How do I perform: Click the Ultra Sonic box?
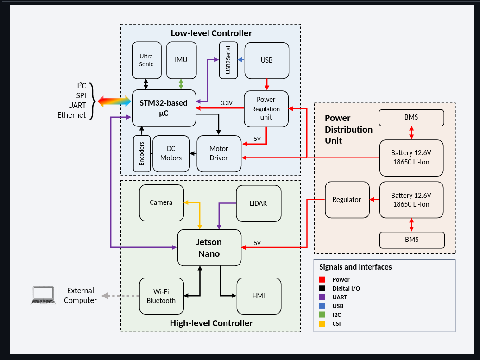click(146, 60)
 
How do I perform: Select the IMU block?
click(181, 60)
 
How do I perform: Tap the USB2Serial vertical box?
click(228, 60)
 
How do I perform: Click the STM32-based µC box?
click(163, 107)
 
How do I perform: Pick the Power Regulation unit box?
click(266, 108)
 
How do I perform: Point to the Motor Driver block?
click(219, 153)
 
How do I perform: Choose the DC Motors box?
click(171, 153)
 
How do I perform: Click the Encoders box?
click(142, 153)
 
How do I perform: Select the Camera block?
click(161, 202)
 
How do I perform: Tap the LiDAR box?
click(259, 203)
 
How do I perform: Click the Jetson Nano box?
click(209, 248)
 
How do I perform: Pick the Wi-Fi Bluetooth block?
click(161, 296)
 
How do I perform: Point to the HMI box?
click(259, 296)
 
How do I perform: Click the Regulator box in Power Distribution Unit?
click(347, 200)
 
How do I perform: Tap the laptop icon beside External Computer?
click(43, 296)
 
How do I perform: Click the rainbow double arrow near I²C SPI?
click(114, 101)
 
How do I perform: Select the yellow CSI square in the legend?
click(322, 323)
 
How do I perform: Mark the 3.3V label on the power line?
click(227, 103)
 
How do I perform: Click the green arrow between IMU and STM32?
click(181, 84)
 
